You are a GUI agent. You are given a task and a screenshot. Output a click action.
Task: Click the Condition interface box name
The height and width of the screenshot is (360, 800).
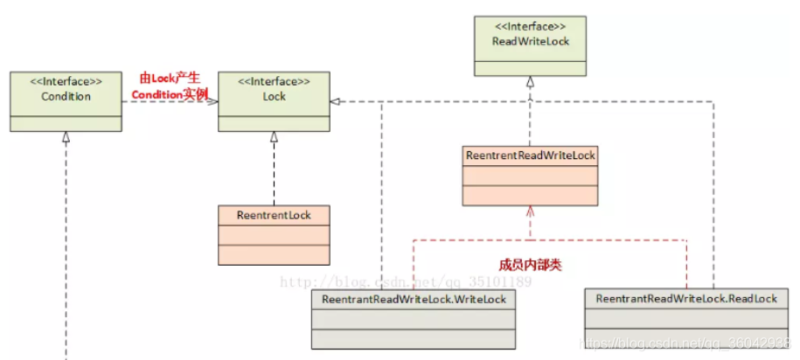coord(66,96)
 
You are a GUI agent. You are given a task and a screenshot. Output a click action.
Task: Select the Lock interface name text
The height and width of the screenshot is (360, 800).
coord(274,96)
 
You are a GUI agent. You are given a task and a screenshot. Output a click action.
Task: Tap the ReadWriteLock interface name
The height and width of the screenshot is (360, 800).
coord(529,40)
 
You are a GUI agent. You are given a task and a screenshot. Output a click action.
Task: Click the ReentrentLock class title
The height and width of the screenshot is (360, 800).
coord(274,214)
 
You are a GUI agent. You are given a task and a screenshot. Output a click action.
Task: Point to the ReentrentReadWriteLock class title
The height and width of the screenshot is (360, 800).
coord(531,156)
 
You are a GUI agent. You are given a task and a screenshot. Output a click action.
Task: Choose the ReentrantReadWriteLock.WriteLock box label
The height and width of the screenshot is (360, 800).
coord(414,299)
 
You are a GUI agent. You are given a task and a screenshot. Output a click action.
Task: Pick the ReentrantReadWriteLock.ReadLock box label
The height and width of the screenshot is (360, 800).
coord(686,299)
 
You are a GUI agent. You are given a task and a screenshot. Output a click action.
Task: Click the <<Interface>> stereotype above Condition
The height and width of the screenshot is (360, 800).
coord(66,82)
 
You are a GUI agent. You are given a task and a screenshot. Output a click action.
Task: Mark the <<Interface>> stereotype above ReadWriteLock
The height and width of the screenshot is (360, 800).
coord(529,26)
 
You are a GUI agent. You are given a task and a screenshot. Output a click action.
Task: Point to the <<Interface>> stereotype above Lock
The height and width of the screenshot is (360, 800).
coord(274,82)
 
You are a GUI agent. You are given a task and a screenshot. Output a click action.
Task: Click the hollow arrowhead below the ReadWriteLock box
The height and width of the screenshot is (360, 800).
coord(530,83)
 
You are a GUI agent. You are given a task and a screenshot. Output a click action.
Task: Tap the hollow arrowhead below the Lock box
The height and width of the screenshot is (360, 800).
coord(274,137)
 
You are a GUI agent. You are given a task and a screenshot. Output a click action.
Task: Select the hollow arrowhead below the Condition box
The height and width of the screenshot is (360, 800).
coord(66,137)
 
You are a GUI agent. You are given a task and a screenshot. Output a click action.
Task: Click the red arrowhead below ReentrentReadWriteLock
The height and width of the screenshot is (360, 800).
coord(530,211)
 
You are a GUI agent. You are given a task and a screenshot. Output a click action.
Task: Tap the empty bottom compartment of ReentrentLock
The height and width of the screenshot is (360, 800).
coord(274,254)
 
